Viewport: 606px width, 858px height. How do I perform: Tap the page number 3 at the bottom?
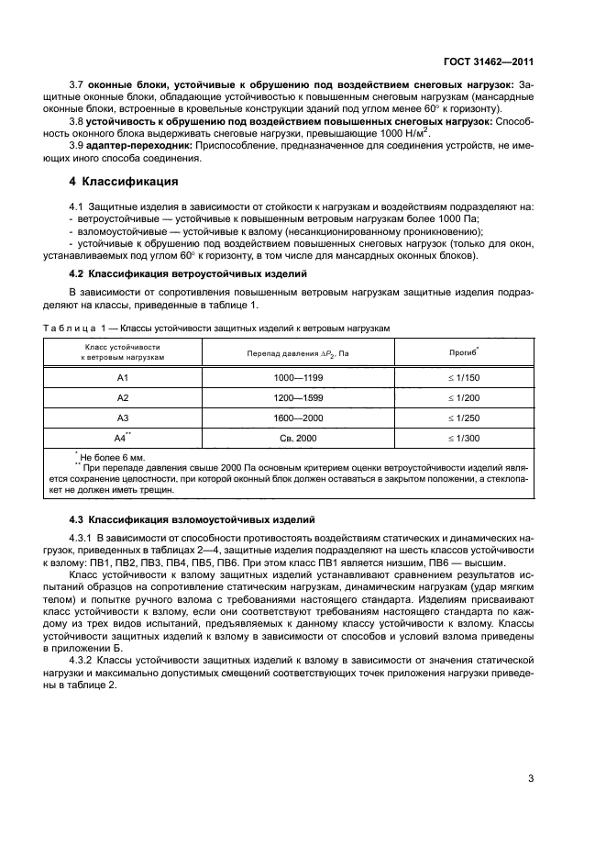pos(531,780)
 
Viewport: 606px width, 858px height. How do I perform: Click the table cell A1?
pos(123,377)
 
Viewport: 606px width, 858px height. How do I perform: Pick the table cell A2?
pos(123,397)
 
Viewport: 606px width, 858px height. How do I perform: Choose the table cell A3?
pos(123,418)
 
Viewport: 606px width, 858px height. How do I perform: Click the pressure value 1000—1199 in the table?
pos(297,377)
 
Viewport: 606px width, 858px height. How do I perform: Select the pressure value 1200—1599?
pos(297,397)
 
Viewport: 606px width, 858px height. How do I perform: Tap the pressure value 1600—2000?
pos(297,418)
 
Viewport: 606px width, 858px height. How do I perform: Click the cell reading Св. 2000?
pos(297,438)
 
